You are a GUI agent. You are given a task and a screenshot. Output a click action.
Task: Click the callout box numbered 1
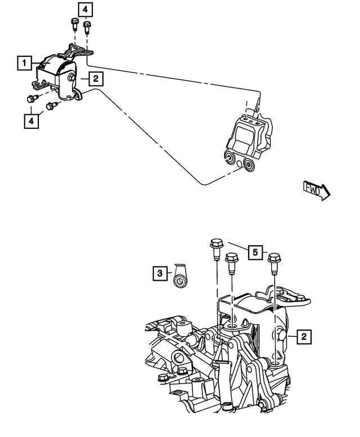pyautogui.click(x=24, y=62)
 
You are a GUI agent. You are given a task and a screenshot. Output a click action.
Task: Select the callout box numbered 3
pyautogui.click(x=160, y=274)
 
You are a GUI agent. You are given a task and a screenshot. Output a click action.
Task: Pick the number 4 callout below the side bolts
pyautogui.click(x=31, y=120)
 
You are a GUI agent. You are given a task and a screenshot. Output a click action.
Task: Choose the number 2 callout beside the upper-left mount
pyautogui.click(x=95, y=79)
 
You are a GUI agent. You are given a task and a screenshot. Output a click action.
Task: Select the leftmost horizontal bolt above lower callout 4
pyautogui.click(x=31, y=99)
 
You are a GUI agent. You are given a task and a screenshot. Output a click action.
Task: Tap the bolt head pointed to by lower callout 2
pyautogui.click(x=280, y=336)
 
